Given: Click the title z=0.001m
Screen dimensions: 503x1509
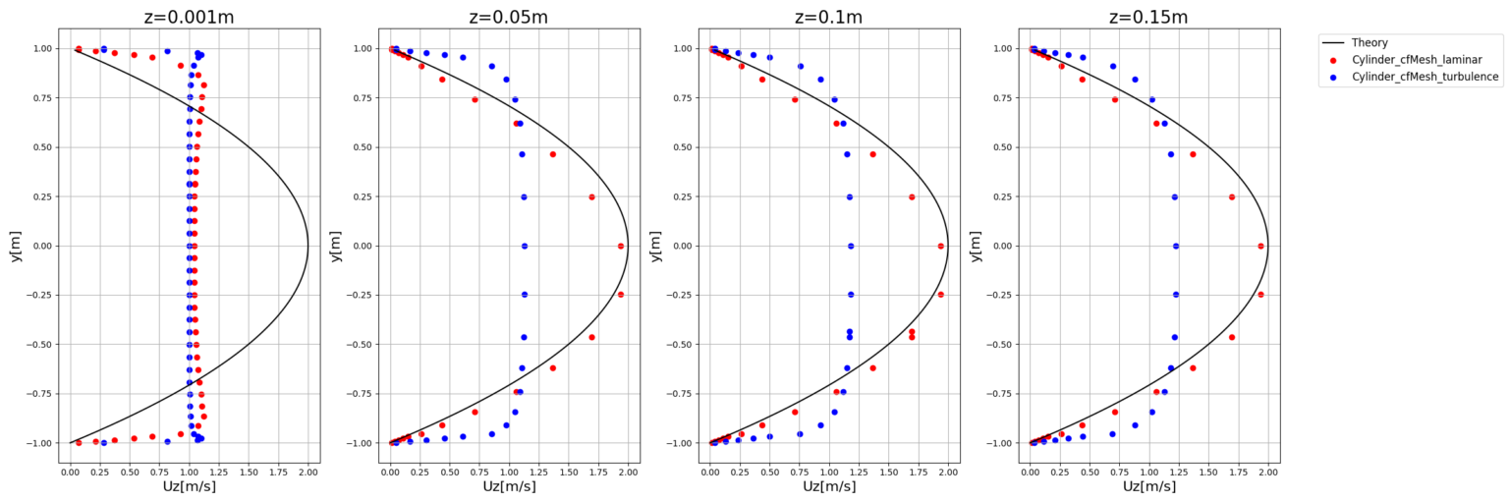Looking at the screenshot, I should pos(189,17).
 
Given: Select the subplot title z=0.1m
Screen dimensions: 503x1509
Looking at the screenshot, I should pos(828,17).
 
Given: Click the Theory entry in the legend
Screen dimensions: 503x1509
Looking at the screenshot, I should pos(1372,42).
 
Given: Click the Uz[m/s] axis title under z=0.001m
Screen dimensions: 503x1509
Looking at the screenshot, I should pos(189,486).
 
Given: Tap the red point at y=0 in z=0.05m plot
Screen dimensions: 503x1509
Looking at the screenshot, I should pos(621,246).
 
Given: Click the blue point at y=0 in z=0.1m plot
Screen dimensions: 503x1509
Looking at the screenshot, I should pos(851,246).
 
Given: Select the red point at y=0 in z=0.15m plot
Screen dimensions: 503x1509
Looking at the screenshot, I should pos(1260,246).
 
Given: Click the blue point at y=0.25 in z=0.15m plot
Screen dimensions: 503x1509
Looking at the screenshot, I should pos(1174,196).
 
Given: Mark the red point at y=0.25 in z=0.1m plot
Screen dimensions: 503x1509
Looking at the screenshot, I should pos(912,196).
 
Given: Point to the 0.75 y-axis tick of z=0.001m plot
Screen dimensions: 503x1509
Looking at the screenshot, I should pos(42,98).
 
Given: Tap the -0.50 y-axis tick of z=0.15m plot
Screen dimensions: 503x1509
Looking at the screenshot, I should pos(1001,344).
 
